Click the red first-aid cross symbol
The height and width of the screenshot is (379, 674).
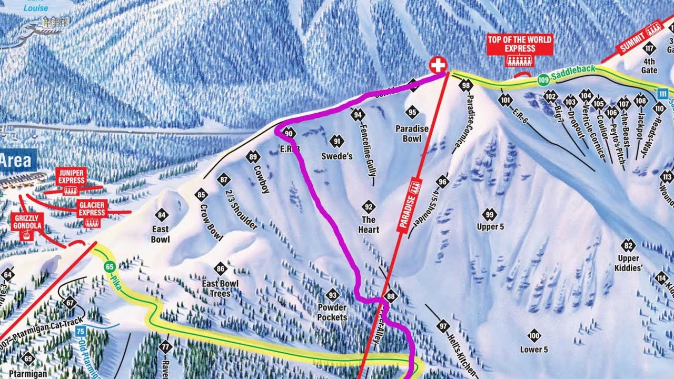click(x=438, y=65)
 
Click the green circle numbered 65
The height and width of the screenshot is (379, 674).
click(x=110, y=266)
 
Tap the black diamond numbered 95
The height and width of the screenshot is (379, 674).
click(x=412, y=112)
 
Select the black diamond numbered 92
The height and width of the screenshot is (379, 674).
click(x=369, y=206)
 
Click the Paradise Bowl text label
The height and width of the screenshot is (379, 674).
click(x=412, y=134)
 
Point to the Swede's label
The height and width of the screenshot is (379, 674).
click(x=337, y=156)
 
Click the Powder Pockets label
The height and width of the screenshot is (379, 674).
click(x=332, y=312)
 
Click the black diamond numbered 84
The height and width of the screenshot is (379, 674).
click(x=161, y=215)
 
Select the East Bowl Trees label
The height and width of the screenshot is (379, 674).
click(x=221, y=288)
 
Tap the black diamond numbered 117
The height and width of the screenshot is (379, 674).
click(x=649, y=49)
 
